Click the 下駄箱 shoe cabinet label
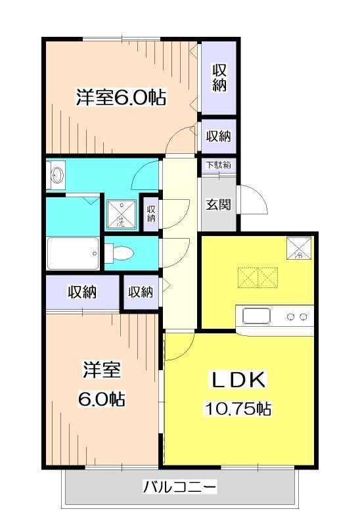coord(219,165)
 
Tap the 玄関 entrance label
coord(218,204)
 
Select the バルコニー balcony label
coord(179,487)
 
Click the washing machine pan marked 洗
coord(121,214)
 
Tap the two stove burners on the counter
coord(296,317)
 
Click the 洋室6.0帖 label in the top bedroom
coord(120,98)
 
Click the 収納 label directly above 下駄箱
coord(219,136)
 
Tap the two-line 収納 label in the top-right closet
coord(219,78)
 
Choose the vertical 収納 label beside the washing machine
coord(151,214)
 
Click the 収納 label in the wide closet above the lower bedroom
coord(82,292)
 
